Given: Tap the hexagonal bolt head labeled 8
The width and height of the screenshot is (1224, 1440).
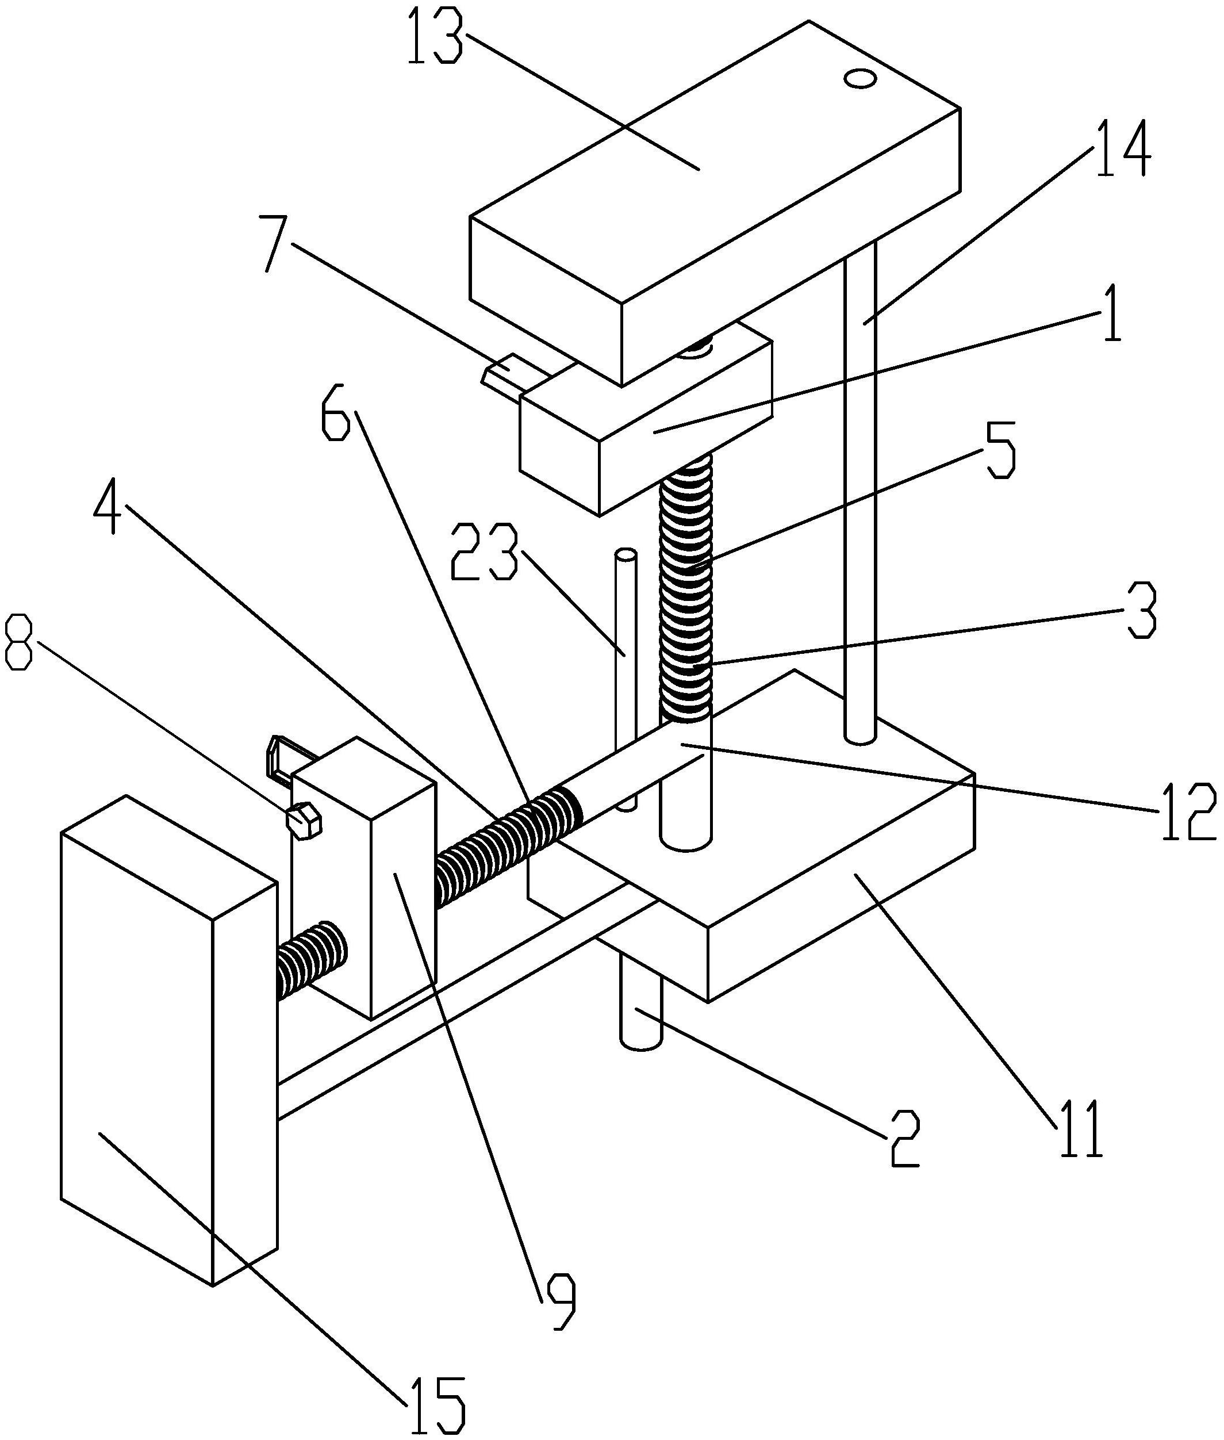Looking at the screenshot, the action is tap(303, 821).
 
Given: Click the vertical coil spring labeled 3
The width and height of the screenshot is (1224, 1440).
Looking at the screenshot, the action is tap(687, 590).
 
